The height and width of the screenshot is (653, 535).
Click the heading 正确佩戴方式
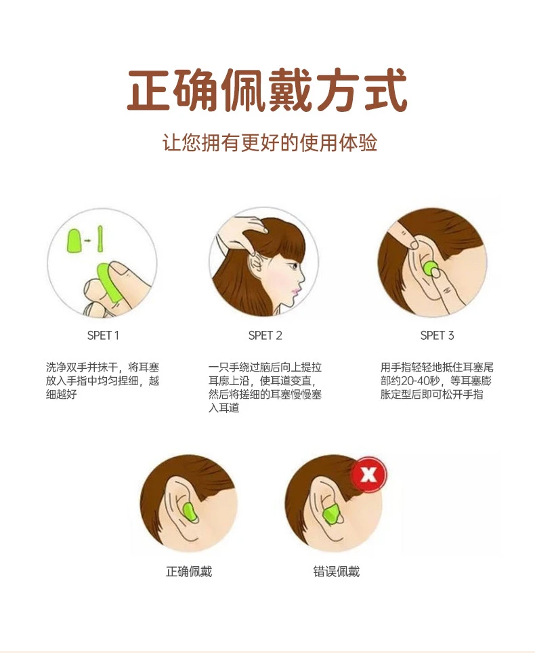click(x=267, y=90)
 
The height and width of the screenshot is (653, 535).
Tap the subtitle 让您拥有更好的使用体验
click(x=270, y=143)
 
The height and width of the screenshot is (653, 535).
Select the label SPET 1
click(x=103, y=335)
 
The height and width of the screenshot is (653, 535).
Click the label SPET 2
click(x=265, y=335)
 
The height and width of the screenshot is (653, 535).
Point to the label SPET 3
click(x=437, y=335)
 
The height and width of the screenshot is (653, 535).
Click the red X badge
click(x=368, y=474)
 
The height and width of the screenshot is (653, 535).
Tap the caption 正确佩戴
click(x=189, y=572)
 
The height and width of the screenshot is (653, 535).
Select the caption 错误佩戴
click(x=336, y=572)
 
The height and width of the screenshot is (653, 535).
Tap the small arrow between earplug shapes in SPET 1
click(x=87, y=240)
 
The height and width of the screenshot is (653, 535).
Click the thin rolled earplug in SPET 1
click(x=100, y=239)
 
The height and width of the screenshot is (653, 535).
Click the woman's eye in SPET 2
click(x=295, y=266)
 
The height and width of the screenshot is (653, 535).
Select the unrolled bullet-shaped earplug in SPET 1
click(x=74, y=241)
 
